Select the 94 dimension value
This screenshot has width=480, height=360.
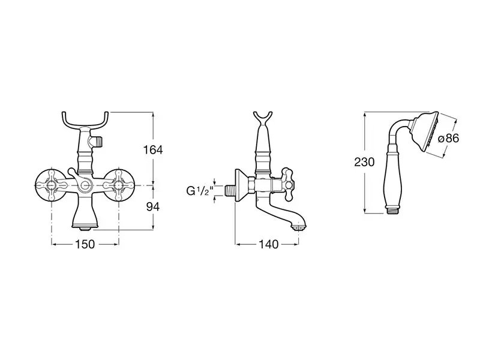[153, 207]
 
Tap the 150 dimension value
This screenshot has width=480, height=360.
[85, 244]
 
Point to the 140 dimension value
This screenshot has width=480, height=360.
[269, 244]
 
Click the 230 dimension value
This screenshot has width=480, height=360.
[364, 162]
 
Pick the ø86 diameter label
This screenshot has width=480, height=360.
[449, 139]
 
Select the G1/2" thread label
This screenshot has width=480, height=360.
[200, 191]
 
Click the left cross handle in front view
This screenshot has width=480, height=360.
[51, 185]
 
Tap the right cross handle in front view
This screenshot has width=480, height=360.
[119, 185]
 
